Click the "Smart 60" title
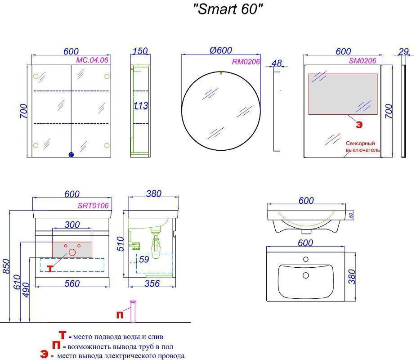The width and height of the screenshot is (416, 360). (228, 9)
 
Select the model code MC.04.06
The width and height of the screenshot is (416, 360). (92, 60)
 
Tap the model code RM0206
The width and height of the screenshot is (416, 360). (246, 62)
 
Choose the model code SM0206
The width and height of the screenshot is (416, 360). (362, 61)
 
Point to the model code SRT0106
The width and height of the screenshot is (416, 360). (93, 206)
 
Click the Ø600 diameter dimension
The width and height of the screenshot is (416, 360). (221, 50)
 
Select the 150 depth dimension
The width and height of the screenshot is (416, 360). (140, 51)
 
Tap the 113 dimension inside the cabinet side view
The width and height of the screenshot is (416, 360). (141, 106)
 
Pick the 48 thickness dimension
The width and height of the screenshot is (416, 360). (277, 63)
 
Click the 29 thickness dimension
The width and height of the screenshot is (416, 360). (403, 51)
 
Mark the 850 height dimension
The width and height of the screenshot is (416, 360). (6, 266)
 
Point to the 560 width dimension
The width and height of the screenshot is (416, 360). (72, 283)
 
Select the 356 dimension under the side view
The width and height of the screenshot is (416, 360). (152, 283)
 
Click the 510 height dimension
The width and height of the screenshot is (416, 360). (121, 244)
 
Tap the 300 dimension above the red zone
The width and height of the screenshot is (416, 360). (72, 225)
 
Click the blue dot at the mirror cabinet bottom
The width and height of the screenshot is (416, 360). (71, 154)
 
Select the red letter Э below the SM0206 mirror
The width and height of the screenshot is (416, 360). (359, 125)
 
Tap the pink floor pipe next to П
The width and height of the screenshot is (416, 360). (133, 311)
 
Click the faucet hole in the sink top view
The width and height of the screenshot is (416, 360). (306, 259)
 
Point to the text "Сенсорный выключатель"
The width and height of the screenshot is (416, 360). (362, 147)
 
